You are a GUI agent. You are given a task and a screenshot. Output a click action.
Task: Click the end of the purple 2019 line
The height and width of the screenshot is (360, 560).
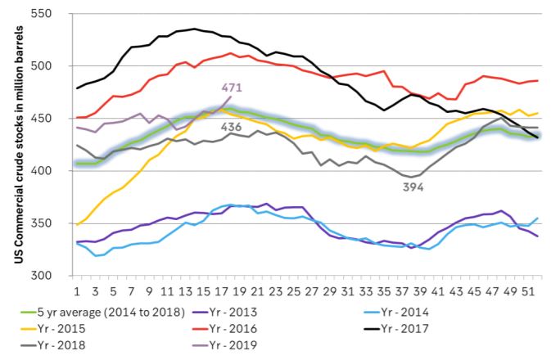[x=230, y=97]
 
